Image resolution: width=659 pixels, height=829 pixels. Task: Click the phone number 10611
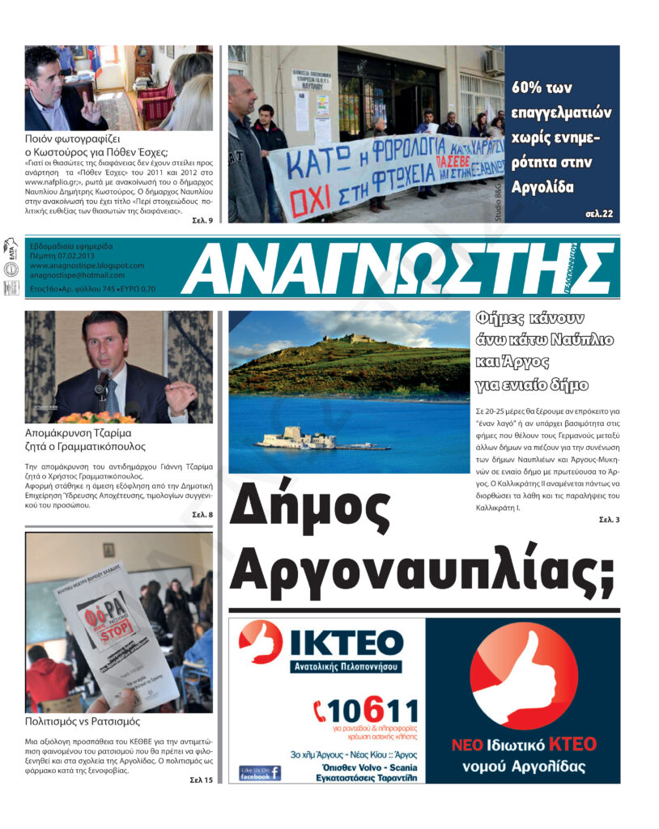[366, 712]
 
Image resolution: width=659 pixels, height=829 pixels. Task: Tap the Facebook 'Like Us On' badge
[259, 773]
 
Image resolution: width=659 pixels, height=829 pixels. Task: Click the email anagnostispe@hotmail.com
[78, 275]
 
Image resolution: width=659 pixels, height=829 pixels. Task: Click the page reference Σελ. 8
[202, 514]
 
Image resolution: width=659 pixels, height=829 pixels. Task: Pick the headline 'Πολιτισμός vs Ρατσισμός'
[83, 720]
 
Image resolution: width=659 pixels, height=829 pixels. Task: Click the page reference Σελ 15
[202, 780]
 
